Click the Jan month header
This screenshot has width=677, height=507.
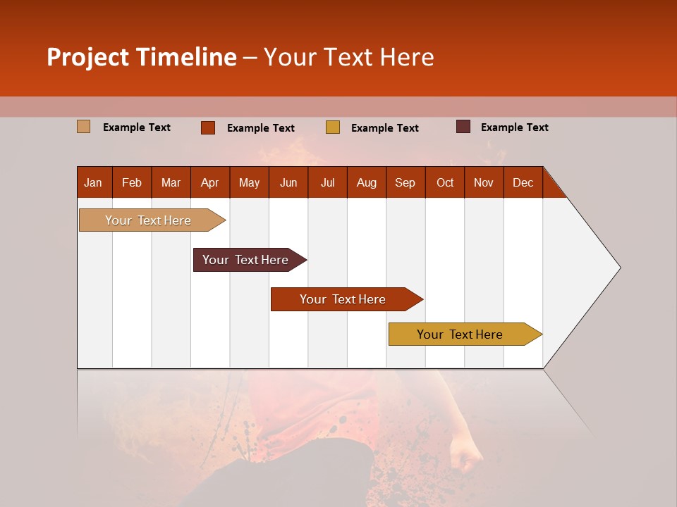[x=94, y=182]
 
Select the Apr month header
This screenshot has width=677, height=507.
[x=210, y=182]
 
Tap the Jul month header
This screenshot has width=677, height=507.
[x=327, y=182]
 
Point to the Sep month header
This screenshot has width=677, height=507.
[x=405, y=182]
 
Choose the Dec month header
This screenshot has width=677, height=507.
[x=523, y=182]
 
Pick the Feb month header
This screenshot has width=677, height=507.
[x=132, y=182]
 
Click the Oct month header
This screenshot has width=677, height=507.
[x=445, y=182]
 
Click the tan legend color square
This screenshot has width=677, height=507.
[x=84, y=127]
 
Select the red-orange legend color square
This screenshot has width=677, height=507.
[x=208, y=127]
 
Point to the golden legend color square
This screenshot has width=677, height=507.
[x=333, y=127]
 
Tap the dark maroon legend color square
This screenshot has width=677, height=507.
[x=463, y=127]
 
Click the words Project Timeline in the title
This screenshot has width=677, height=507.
[x=142, y=57]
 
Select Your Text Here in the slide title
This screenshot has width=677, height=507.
[x=349, y=57]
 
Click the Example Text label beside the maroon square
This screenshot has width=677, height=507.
[x=514, y=127]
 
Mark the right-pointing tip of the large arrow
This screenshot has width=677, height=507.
[x=618, y=268]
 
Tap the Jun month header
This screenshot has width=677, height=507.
[x=288, y=182]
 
